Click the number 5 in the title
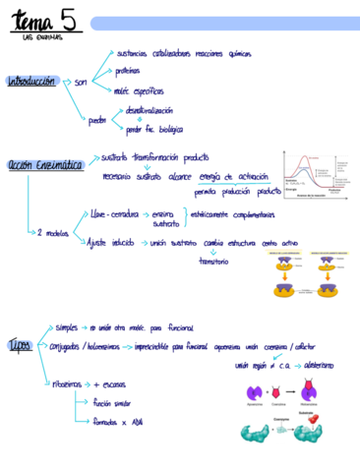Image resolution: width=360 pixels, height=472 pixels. (68, 19)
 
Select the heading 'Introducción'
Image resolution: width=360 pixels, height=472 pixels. (30, 82)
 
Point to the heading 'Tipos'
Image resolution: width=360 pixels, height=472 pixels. (20, 345)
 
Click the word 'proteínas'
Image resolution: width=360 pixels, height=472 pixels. (128, 72)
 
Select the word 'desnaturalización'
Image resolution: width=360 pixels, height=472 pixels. (149, 111)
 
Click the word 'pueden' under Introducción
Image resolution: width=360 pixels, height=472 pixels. (97, 120)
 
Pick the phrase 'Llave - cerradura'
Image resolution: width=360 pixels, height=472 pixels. (114, 211)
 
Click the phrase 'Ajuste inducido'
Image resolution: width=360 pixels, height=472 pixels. (110, 242)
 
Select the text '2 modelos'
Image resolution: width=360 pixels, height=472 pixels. (53, 233)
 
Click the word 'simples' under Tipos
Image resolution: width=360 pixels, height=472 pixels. (71, 327)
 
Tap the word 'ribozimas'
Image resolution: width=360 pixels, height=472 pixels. (71, 384)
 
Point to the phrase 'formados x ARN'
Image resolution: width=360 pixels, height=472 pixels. (117, 422)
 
